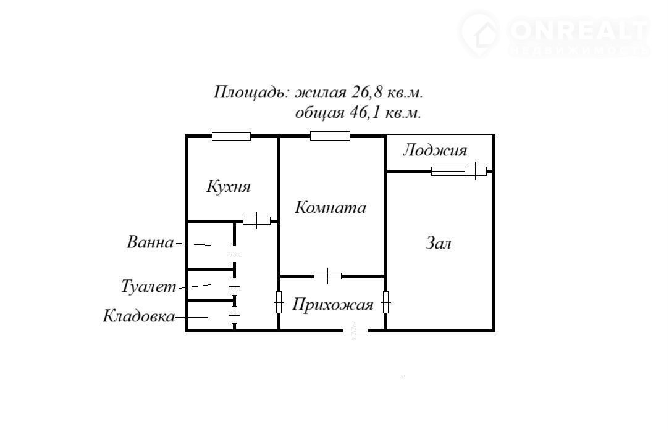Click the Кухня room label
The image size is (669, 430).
(229, 187)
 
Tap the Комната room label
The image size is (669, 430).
(330, 207)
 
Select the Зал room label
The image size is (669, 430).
(439, 243)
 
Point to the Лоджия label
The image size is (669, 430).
(435, 151)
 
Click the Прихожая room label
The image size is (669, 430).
(332, 305)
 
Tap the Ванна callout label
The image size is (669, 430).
(150, 242)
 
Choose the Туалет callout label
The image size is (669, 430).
(148, 286)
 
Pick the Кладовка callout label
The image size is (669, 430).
(138, 316)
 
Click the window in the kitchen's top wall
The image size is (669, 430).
(231, 136)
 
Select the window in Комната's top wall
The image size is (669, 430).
(330, 136)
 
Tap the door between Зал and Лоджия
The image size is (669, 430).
(458, 172)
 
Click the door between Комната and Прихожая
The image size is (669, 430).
(327, 276)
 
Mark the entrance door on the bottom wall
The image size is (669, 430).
(355, 330)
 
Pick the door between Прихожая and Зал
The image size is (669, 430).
(385, 302)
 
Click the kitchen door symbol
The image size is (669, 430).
(256, 221)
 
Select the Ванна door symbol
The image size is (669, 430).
(234, 254)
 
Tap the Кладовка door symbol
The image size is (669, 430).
(234, 315)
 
